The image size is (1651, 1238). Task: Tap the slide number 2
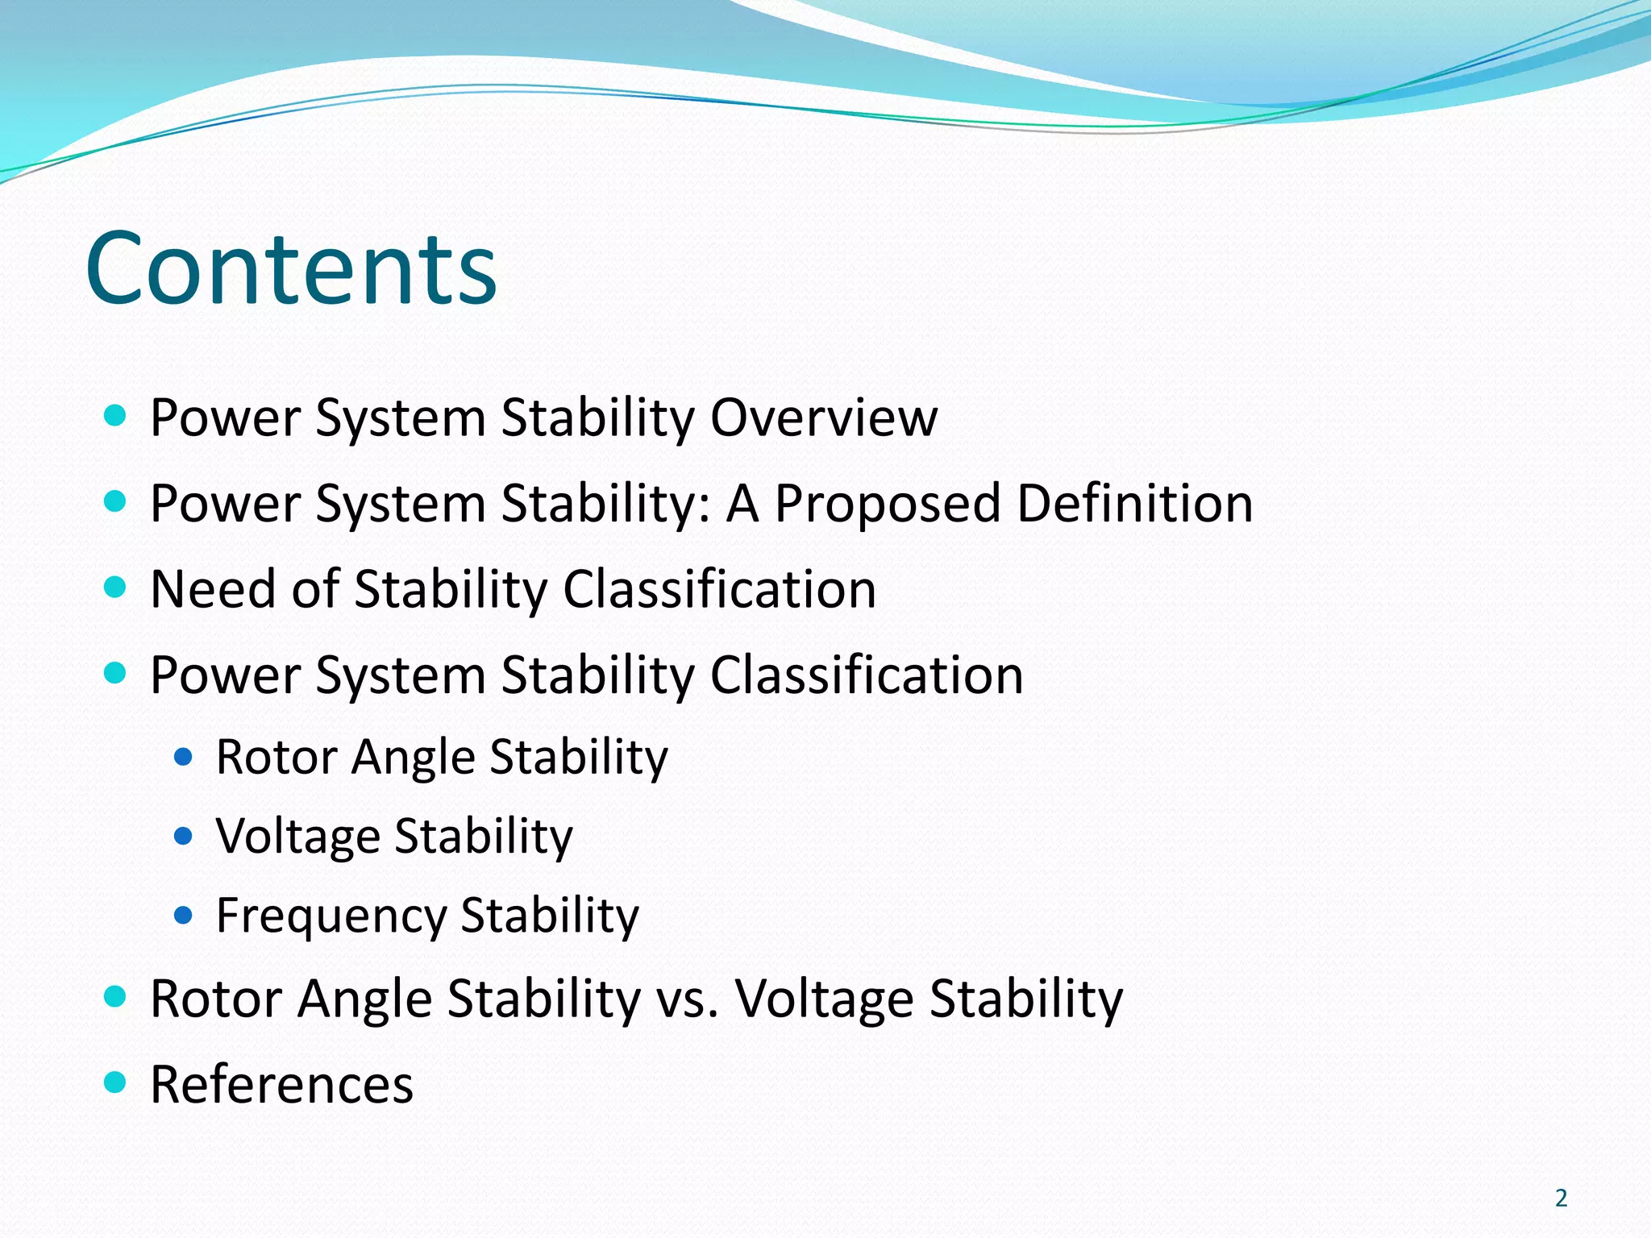(x=1561, y=1199)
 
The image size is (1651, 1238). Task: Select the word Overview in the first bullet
(x=824, y=418)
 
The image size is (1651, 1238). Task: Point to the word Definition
(x=1135, y=503)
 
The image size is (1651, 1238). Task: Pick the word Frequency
(x=331, y=916)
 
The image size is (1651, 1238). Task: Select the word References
(x=281, y=1084)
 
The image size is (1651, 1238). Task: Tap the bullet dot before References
(x=116, y=1082)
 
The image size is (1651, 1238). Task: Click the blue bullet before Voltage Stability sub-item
(x=184, y=837)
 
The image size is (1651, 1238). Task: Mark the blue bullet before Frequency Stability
(x=184, y=916)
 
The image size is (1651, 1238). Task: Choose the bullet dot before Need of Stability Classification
(x=116, y=587)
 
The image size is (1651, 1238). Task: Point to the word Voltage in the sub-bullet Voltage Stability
(x=297, y=837)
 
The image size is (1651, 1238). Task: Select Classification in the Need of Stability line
(x=719, y=588)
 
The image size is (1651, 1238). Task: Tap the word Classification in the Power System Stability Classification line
(x=867, y=675)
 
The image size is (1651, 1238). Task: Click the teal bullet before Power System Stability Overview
(x=116, y=416)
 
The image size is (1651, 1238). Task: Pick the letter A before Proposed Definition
(x=742, y=503)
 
